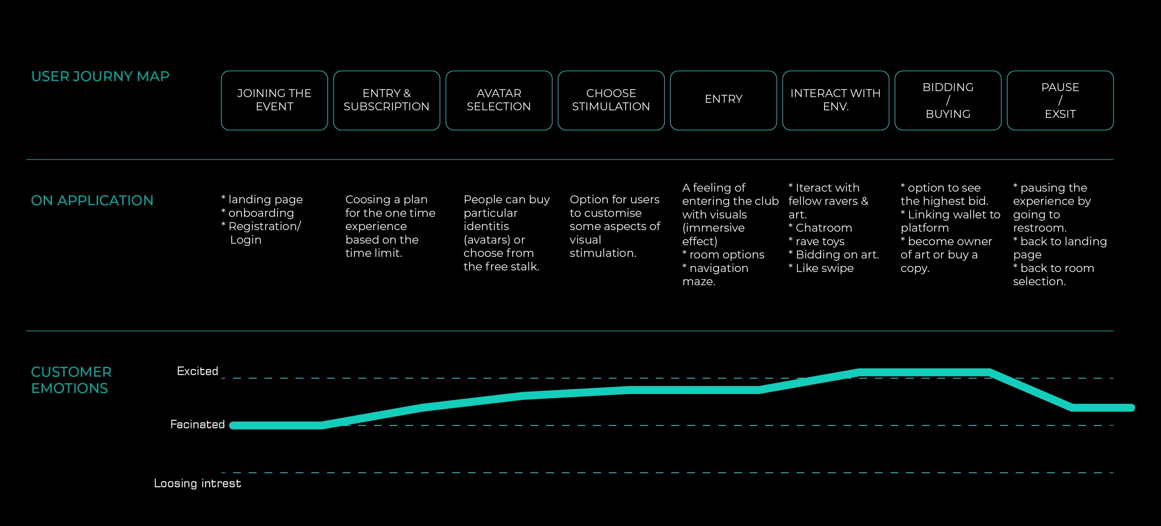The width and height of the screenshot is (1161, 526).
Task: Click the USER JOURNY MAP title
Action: point(100,76)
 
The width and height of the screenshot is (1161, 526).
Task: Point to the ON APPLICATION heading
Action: point(92,200)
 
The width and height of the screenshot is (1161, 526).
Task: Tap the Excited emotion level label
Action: point(197,371)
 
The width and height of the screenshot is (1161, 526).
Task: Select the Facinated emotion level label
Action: point(197,424)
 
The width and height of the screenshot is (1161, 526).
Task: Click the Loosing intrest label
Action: point(197,483)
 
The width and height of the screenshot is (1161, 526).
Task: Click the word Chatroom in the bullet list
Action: point(824,228)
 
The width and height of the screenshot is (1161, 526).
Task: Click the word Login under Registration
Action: point(245,240)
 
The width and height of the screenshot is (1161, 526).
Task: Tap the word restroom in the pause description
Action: point(1039,228)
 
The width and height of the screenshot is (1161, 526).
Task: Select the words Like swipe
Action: point(825,268)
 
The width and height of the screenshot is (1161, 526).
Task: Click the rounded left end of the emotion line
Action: point(233,425)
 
